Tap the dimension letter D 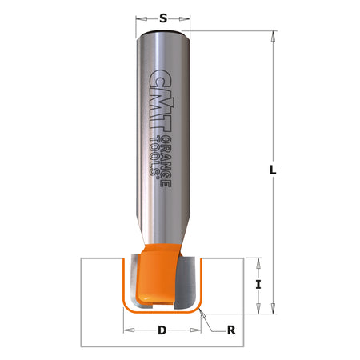click(x=162, y=329)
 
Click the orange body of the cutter click(x=154, y=272)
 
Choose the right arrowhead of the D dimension click(x=198, y=329)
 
